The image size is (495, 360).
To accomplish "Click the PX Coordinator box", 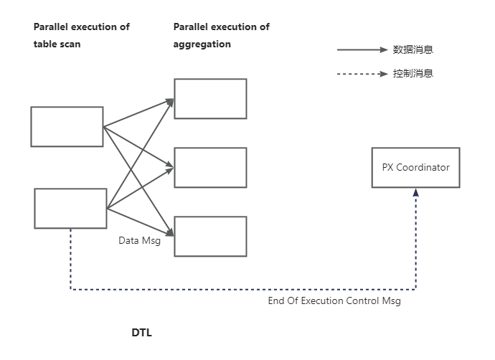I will [415, 168].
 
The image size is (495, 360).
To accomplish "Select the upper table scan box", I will [67, 126].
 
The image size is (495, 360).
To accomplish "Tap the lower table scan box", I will [70, 208].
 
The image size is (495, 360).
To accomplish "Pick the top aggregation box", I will [210, 99].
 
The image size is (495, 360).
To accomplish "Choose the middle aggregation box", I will [210, 167].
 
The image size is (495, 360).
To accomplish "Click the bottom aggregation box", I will [210, 236].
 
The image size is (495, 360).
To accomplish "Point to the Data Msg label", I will [139, 241].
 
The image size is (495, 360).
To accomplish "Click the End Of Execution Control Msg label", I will [334, 301].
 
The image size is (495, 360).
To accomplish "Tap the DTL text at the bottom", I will [141, 333].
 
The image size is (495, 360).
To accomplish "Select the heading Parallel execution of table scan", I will [82, 35].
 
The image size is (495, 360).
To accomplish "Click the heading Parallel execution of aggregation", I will [222, 35].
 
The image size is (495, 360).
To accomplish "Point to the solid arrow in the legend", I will [362, 50].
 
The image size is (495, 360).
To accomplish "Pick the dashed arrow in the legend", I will [362, 73].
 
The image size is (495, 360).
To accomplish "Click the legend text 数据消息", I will [412, 50].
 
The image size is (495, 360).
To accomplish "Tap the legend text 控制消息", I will [412, 73].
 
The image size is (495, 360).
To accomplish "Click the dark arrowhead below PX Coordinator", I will [415, 193].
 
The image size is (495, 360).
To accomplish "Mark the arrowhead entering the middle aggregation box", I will [171, 167].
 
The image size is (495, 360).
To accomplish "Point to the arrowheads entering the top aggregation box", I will [171, 102].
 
